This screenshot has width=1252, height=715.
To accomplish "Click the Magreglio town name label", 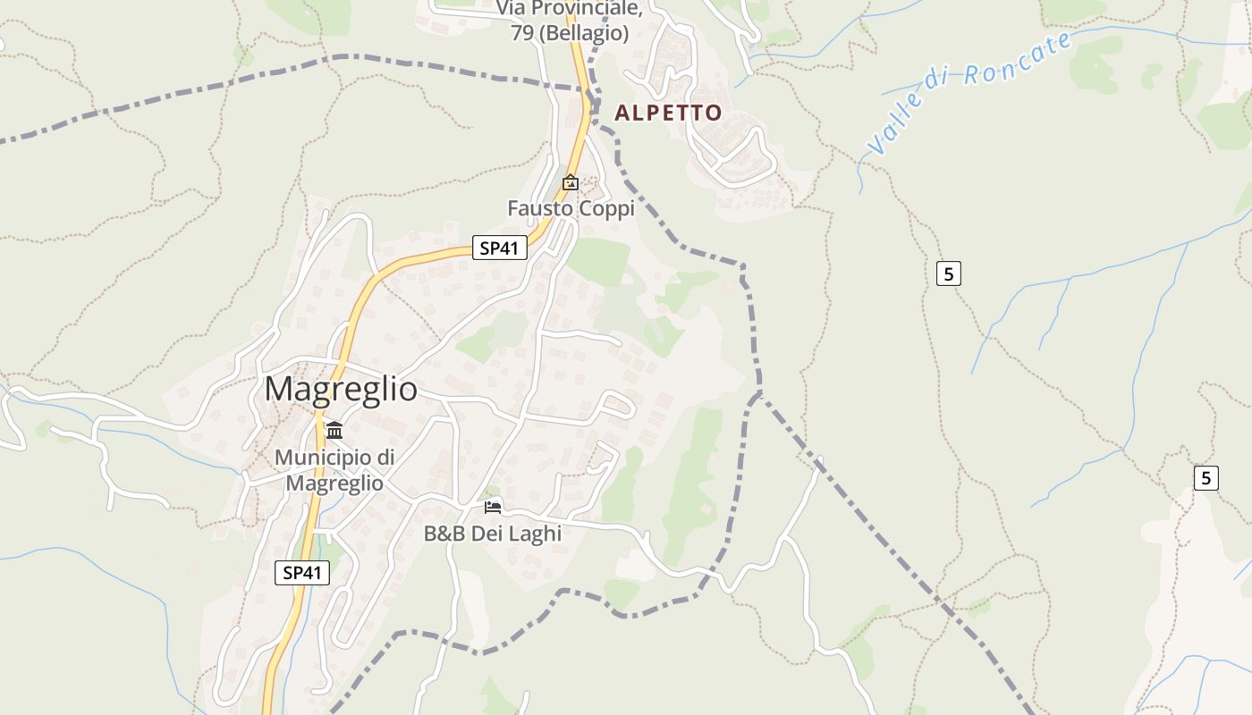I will point(341,389).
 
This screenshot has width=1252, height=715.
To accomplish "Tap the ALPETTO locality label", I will point(668,113).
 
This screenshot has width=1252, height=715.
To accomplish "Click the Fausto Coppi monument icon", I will point(570,182).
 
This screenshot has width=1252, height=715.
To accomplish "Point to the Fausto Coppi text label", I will point(571,208).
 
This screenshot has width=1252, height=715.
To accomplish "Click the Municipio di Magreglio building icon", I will point(334,430).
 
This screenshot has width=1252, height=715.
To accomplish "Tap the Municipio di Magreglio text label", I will point(334,470).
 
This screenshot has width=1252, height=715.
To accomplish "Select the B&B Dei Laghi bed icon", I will point(493,507).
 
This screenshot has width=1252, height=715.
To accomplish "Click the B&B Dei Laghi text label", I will point(492,534).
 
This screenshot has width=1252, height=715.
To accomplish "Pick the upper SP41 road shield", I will point(499,248).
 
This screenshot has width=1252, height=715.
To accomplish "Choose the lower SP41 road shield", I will point(301,573).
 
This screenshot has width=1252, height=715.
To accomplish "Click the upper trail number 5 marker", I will point(948,273).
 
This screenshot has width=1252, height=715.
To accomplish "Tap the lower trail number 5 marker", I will point(1205,478).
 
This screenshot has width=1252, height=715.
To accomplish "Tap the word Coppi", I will point(605,208).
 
